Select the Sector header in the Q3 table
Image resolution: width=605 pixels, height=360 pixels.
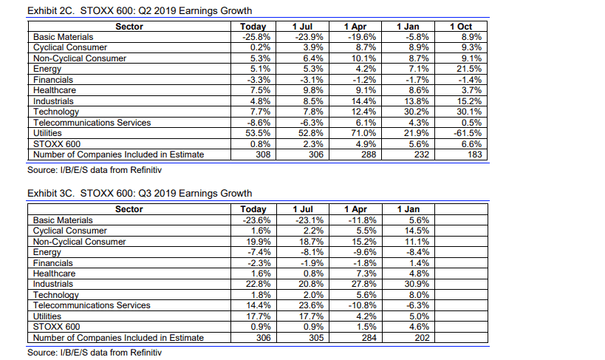129,209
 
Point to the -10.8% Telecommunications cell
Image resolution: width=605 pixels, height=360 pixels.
360,305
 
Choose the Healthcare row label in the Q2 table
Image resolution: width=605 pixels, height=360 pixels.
55,90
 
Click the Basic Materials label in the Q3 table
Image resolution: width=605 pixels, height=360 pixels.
64,220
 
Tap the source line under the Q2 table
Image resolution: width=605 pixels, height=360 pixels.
94,170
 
